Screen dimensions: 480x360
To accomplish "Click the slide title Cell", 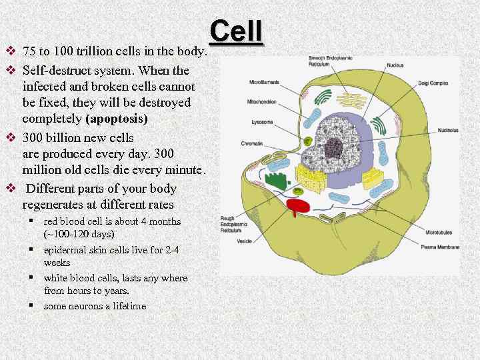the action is pos(237,32).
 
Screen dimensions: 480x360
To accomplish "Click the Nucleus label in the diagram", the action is pos(394,65).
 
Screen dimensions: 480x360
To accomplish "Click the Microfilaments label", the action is pos(265,82).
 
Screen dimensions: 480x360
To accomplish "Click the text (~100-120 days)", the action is pos(79,234).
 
